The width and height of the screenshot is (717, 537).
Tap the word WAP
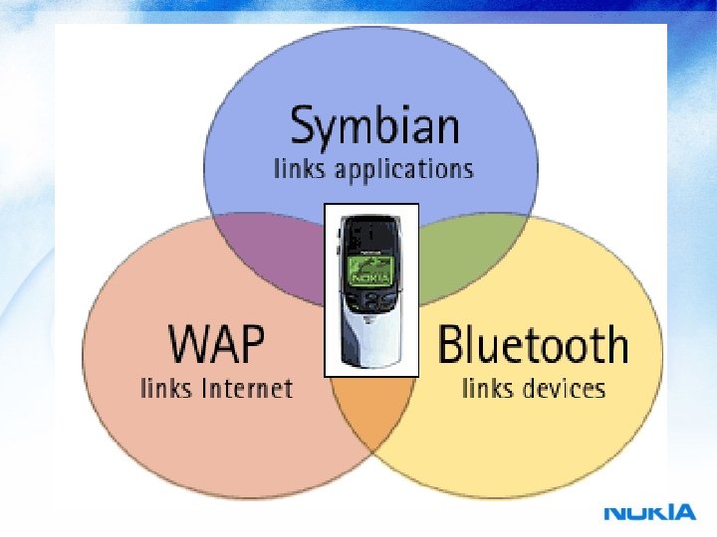pyautogui.click(x=217, y=345)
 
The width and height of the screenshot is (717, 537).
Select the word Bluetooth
pyautogui.click(x=534, y=345)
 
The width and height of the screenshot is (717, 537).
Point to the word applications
pyautogui.click(x=404, y=169)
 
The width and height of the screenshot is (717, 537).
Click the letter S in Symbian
pyautogui.click(x=303, y=128)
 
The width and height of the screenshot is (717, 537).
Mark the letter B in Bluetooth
pyautogui.click(x=453, y=345)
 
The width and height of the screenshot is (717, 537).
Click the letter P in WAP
pyautogui.click(x=253, y=345)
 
